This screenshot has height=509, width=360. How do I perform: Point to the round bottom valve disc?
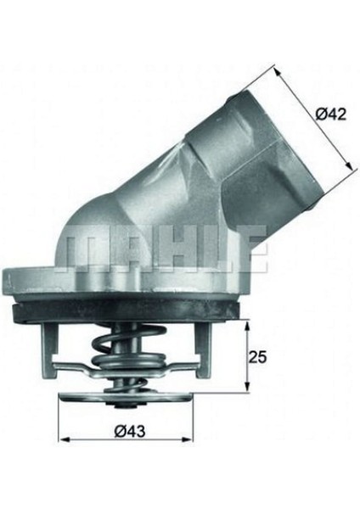[x=131, y=400]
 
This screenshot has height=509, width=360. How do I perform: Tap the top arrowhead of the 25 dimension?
[x=247, y=325]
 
